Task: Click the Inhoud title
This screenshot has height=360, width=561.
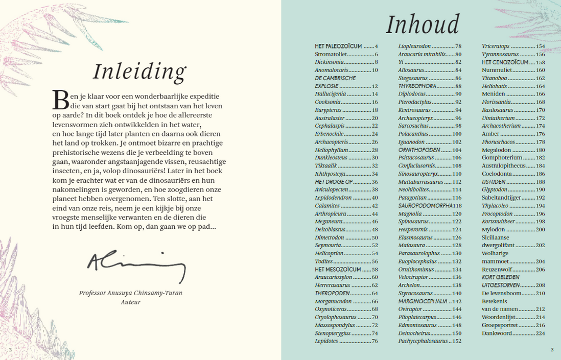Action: click(422, 25)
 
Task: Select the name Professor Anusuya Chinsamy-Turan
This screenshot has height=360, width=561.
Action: click(131, 293)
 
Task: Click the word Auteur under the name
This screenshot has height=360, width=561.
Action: click(130, 302)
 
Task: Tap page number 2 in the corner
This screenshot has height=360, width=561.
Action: click(10, 350)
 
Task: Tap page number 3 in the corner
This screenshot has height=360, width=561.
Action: click(552, 350)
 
